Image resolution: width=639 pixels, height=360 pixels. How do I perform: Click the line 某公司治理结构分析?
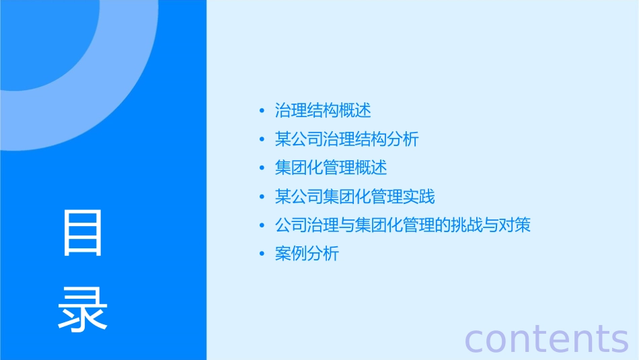346,139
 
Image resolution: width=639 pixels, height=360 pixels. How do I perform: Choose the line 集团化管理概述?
331,168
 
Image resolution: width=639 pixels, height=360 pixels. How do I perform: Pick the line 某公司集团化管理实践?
354,196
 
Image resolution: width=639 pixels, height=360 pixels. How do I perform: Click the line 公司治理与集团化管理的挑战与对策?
403,225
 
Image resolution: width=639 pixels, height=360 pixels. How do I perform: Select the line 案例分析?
307,254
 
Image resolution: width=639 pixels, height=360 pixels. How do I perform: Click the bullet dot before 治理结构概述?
262,111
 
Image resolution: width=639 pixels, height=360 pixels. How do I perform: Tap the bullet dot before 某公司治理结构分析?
262,140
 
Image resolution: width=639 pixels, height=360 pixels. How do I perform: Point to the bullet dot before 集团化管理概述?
262,168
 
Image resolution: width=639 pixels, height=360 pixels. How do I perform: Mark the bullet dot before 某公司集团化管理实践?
262,197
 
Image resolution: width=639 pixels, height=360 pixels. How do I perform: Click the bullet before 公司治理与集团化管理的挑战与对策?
262,225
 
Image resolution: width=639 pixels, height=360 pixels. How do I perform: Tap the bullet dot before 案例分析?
262,254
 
